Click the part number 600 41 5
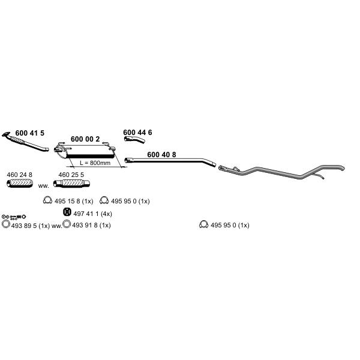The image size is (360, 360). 30,133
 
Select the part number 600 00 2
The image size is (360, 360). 85,139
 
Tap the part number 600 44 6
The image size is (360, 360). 137,133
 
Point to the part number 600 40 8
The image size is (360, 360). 161,155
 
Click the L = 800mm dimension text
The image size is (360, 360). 95,163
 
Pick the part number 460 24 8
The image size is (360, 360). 20,175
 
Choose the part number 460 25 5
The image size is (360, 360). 71,175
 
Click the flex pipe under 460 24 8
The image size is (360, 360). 20,183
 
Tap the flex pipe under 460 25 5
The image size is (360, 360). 71,184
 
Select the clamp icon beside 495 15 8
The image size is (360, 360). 47,200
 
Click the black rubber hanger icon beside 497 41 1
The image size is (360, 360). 67,212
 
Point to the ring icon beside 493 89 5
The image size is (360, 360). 6,224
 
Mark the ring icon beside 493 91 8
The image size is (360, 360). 67,224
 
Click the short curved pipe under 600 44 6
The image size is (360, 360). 134,139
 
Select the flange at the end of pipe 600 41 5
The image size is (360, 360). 6,134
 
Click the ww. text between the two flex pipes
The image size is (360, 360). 43,186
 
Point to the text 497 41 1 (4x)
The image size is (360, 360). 93,214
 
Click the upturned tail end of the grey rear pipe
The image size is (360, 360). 342,168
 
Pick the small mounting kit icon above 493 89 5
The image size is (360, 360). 14,217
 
